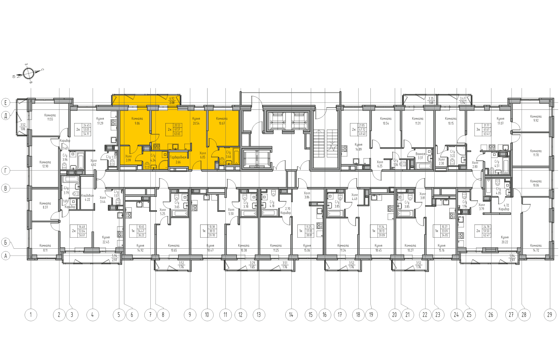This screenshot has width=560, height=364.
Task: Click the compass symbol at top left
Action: pyautogui.click(x=28, y=74)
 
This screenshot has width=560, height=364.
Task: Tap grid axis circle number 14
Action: pyautogui.click(x=291, y=315)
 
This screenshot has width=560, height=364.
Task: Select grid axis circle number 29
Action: pyautogui.click(x=550, y=315)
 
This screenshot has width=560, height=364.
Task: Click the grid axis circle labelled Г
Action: pyautogui.click(x=6, y=170)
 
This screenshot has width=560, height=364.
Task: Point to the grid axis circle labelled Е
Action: pyautogui.click(x=6, y=102)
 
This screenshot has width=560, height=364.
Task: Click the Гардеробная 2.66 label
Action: pyautogui.click(x=178, y=160)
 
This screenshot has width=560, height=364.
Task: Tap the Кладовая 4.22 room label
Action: pyautogui.click(x=87, y=197)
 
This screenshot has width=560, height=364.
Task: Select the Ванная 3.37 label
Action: pyautogui.click(x=420, y=156)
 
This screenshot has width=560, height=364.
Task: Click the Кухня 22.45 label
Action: pyautogui.click(x=106, y=240)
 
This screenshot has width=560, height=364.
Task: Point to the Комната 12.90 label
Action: pyautogui.click(x=45, y=164)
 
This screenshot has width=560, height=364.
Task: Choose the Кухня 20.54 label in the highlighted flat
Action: pyautogui.click(x=196, y=121)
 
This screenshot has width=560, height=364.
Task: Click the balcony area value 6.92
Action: pyautogui.click(x=172, y=99)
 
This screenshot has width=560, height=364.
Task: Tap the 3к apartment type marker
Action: pyautogui.click(x=478, y=130)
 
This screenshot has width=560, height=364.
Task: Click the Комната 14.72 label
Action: pyautogui.click(x=536, y=248)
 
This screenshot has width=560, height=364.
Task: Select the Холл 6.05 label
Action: pyautogui.click(x=203, y=155)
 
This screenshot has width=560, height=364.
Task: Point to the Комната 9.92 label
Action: pyautogui.click(x=536, y=118)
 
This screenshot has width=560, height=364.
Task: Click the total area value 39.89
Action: pyautogui.click(x=382, y=235)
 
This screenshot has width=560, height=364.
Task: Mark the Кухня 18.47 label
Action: pyautogui.click(x=210, y=248)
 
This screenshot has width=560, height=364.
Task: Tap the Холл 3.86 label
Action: pyautogui.click(x=307, y=195)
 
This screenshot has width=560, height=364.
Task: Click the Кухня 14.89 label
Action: pyautogui.click(x=358, y=147)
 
